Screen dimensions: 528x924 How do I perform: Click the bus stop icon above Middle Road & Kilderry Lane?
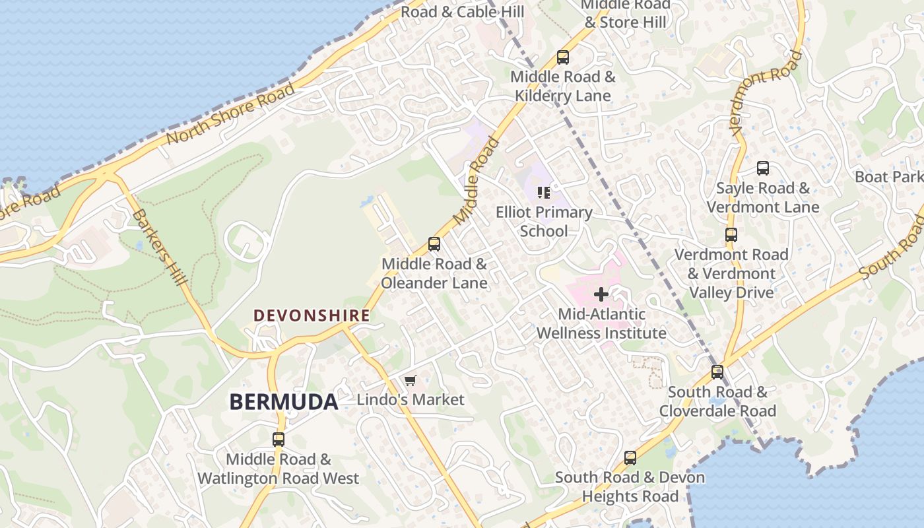tap(562, 57)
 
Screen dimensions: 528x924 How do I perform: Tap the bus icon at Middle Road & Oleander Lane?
tap(434, 244)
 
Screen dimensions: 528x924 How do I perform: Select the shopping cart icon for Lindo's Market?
tap(410, 380)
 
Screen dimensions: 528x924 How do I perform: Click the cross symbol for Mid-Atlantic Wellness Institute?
tap(601, 294)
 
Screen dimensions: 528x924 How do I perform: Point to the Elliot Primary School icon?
tap(544, 193)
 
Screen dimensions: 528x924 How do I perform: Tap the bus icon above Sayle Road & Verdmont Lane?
tap(762, 168)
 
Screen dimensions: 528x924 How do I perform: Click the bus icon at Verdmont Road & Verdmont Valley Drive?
tap(731, 235)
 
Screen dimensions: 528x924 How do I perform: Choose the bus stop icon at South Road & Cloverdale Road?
tap(717, 372)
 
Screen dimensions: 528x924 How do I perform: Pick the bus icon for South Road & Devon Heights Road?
tap(630, 457)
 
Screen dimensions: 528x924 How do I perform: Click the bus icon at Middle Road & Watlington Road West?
tap(279, 439)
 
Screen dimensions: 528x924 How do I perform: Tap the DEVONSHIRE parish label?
tap(312, 315)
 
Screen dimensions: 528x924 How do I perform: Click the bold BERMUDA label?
tap(284, 401)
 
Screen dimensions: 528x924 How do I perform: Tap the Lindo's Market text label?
tap(411, 400)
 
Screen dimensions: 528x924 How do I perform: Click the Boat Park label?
tap(888, 177)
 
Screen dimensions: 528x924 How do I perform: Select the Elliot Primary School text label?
tap(544, 222)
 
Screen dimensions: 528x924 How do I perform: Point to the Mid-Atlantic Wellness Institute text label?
tap(601, 323)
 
